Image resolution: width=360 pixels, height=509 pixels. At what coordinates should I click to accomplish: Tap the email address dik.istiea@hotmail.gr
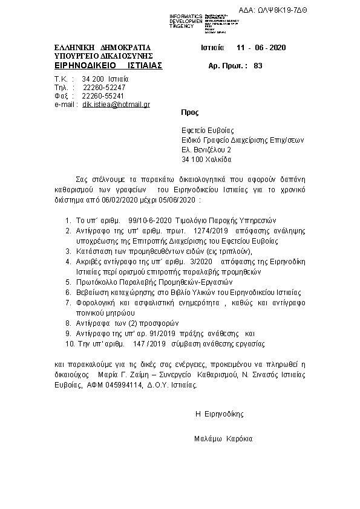tap(116, 105)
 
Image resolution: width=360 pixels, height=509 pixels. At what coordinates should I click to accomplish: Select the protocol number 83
tap(258, 65)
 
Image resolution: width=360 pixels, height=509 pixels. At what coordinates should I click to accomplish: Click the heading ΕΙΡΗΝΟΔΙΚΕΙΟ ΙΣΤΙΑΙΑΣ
tap(108, 65)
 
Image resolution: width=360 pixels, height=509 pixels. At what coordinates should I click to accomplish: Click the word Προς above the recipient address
tap(189, 112)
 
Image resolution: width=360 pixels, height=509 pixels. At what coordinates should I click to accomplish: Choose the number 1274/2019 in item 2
tap(210, 230)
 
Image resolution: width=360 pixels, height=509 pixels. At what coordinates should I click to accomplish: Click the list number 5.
tap(68, 282)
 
